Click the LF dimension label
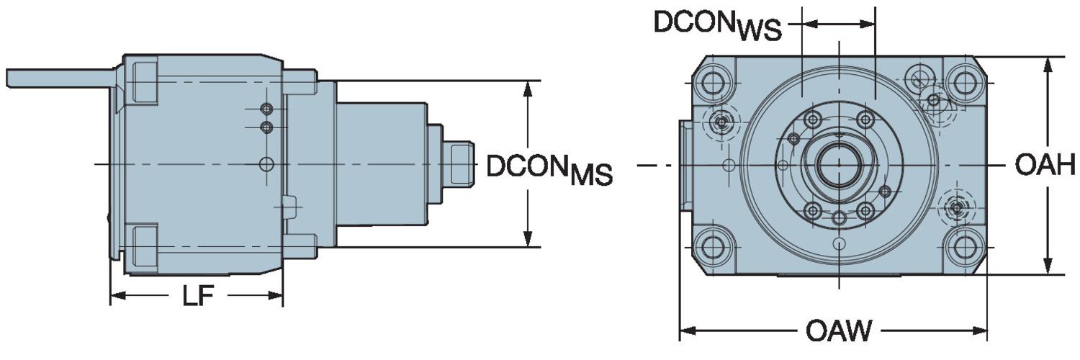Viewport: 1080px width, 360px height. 196,297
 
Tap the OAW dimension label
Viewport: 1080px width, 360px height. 838,332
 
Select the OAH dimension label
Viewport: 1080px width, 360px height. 1045,166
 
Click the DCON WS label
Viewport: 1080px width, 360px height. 717,24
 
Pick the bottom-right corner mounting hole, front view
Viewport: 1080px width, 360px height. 962,247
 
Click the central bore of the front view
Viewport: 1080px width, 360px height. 838,164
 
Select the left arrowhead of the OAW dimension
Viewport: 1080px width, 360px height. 687,332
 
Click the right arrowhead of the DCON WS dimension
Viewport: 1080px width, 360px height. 869,23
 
